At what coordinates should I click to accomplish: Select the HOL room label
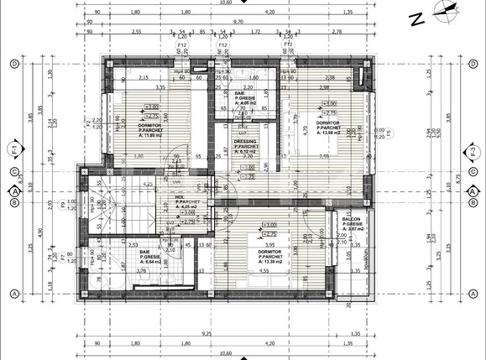(180, 201)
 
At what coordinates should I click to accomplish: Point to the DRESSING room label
(246, 146)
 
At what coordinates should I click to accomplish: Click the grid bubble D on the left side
(14, 64)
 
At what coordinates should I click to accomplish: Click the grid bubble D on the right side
(473, 64)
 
